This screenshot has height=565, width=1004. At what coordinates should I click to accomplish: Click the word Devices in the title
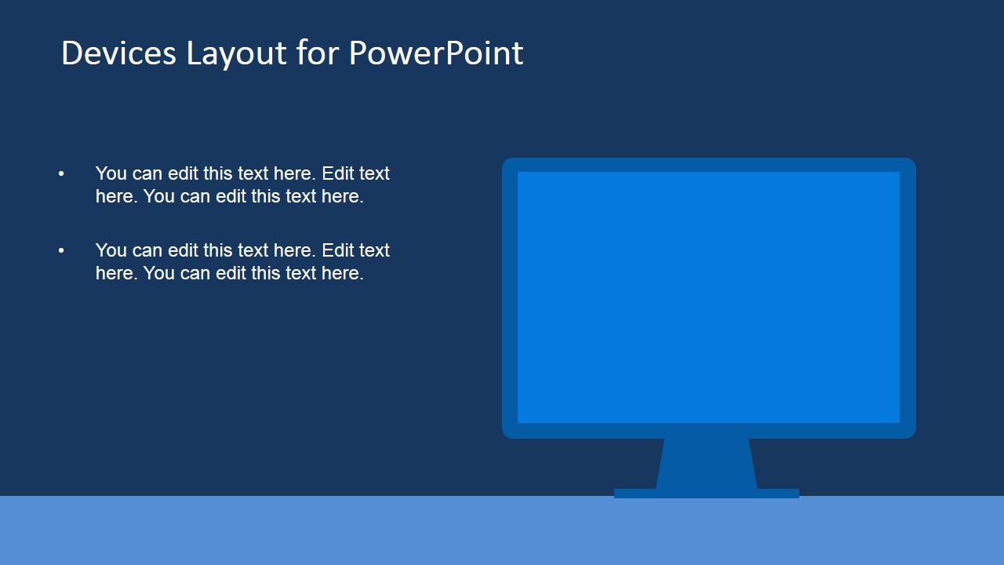coord(118,53)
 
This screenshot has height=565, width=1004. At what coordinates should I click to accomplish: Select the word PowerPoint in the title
coord(435,53)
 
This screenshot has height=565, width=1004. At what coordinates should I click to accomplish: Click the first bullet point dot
coord(61,173)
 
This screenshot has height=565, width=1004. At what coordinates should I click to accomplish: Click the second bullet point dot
coord(61,250)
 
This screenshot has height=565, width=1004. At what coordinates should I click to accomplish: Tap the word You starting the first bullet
coord(111,173)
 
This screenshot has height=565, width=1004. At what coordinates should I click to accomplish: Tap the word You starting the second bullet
coord(111,250)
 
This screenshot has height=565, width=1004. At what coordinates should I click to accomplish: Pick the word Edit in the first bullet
coord(337,173)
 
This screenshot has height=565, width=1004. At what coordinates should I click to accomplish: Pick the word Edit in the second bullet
coord(337,250)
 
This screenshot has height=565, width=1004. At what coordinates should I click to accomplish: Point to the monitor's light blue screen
coord(708,297)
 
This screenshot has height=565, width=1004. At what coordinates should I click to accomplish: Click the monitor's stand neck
coord(706,463)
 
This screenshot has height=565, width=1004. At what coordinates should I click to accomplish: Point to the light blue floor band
coord(314,530)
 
